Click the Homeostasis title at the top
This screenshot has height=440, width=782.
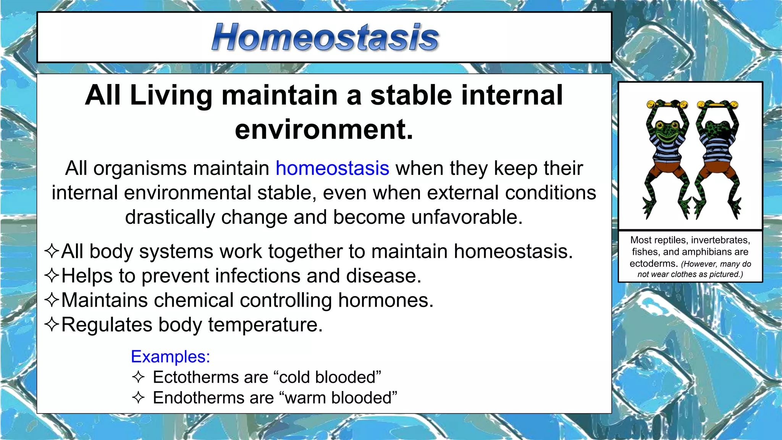tap(325, 37)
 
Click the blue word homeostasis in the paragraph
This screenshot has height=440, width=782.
tap(332, 168)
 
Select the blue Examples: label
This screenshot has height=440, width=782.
tap(170, 356)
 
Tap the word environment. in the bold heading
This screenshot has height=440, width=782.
tap(324, 129)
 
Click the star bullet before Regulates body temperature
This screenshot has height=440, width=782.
tap(52, 324)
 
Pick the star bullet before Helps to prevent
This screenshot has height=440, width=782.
tap(52, 275)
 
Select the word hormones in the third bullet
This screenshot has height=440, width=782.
tap(386, 300)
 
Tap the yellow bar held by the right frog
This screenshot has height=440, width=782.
tap(717, 104)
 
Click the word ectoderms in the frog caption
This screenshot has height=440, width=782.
tap(653, 264)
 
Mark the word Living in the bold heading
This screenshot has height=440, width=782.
tap(171, 95)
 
